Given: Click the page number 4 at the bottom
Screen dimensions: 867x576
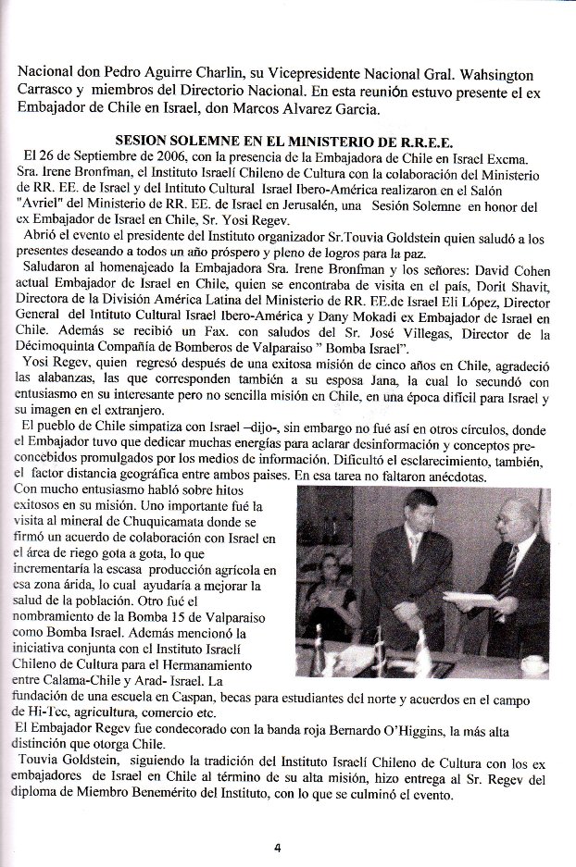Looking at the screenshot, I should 276,845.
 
